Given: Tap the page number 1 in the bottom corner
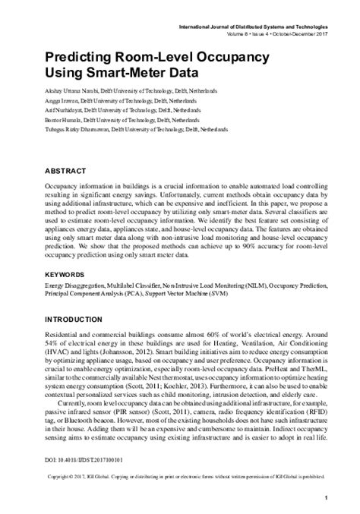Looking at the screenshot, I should pyautogui.click(x=325, y=497).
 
